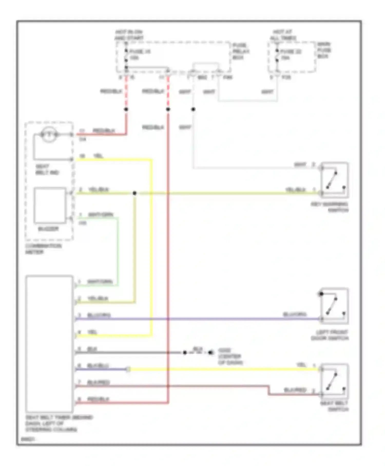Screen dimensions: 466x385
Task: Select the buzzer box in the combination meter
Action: coord(50,205)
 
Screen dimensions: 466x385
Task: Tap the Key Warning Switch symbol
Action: coord(334,180)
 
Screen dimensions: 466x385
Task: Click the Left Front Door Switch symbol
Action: coord(334,306)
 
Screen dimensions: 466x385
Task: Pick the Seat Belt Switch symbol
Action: coord(334,381)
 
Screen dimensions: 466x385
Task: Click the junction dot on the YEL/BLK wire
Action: coord(134,193)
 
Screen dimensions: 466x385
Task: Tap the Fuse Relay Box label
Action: coord(241,51)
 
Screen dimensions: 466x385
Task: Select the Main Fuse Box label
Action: coord(324,50)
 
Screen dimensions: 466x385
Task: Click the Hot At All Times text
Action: coord(283,35)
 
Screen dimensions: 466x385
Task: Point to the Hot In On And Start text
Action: coord(129,35)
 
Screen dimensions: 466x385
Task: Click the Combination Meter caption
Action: coord(43,249)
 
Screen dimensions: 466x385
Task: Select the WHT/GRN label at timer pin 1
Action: coord(100,282)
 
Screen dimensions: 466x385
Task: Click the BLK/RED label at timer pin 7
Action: coord(98,383)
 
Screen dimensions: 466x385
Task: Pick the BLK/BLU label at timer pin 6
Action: coord(98,366)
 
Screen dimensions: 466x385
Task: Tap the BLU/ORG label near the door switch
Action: coord(294,314)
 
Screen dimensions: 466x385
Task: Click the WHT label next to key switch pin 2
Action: coord(300,164)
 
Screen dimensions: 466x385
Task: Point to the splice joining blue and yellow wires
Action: coord(128,369)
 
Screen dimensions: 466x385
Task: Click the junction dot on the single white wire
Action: coord(193,109)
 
